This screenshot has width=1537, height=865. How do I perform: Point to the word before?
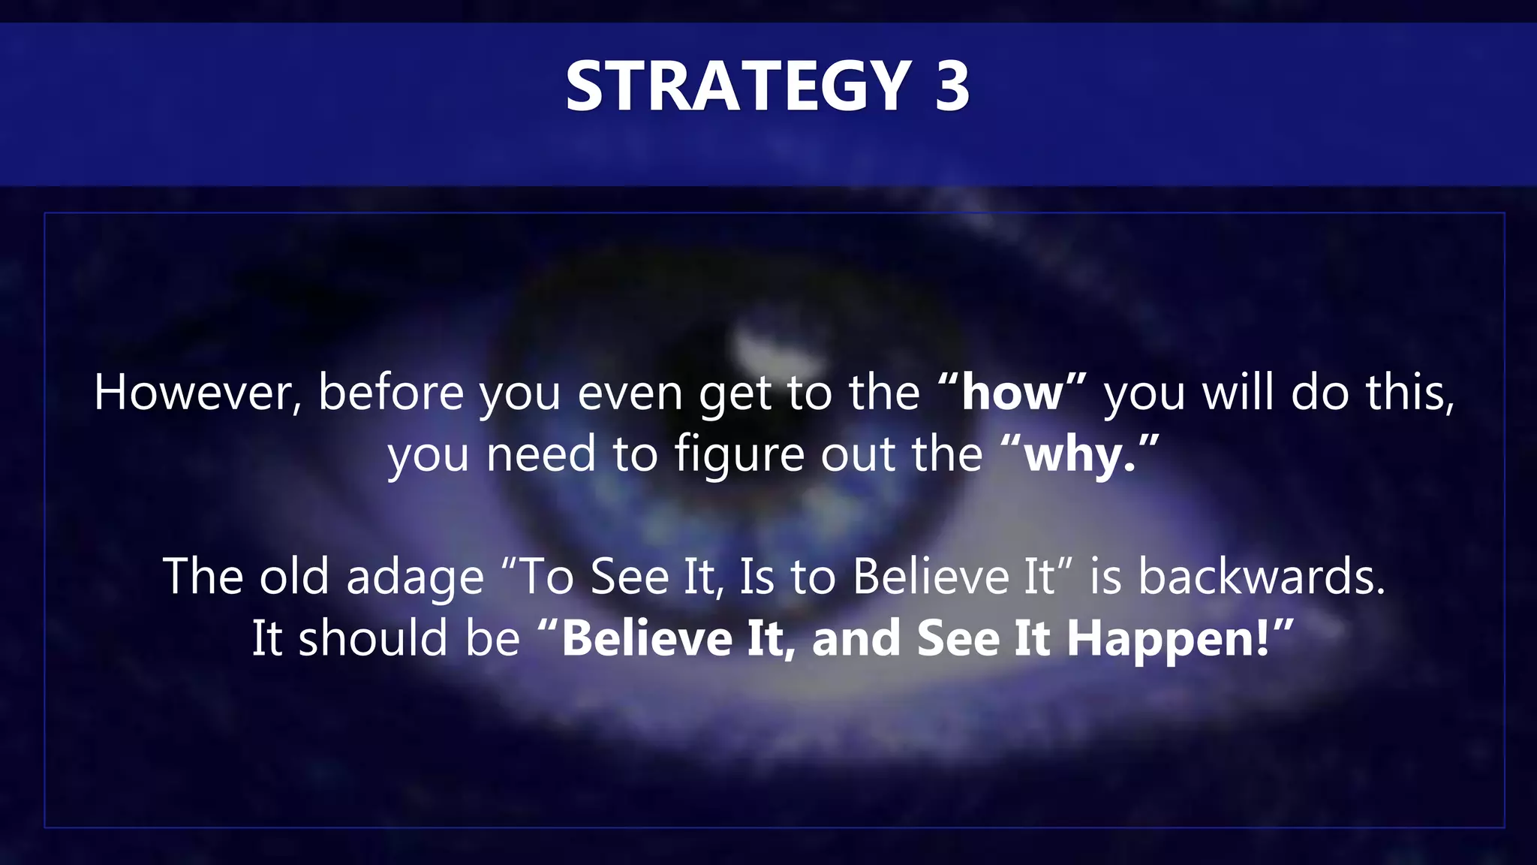point(391,393)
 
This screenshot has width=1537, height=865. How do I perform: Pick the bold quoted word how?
point(1012,393)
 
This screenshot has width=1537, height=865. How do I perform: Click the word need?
point(540,455)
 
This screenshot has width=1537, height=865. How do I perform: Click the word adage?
point(415,578)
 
